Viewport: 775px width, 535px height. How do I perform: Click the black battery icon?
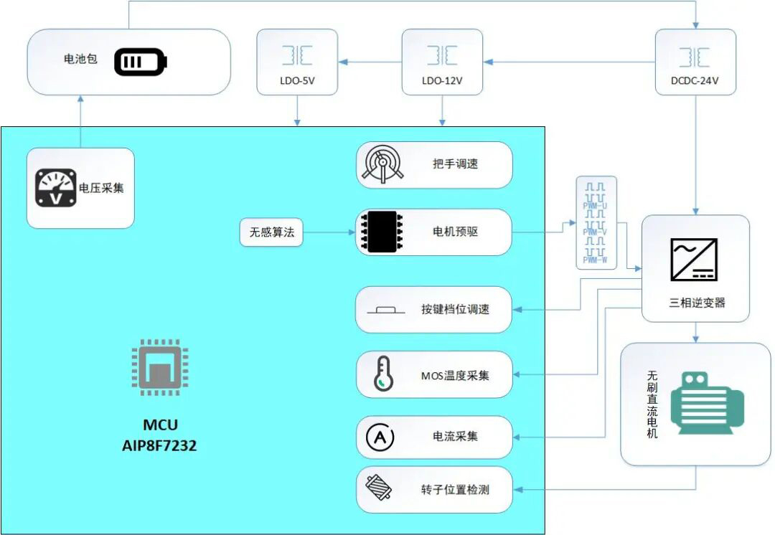[141, 62]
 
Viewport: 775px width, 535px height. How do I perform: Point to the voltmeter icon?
[56, 188]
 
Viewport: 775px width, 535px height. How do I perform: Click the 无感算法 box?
[272, 232]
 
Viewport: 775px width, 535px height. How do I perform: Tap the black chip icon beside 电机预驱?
[380, 232]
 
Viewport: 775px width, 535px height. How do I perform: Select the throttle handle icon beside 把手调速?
[381, 165]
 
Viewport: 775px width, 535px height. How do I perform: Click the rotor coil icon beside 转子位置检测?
[380, 489]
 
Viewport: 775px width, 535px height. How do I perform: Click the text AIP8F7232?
[159, 446]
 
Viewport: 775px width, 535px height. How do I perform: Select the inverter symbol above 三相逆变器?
[693, 259]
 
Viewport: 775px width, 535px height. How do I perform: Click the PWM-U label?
[596, 205]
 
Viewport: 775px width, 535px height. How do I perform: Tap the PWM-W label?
[596, 260]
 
